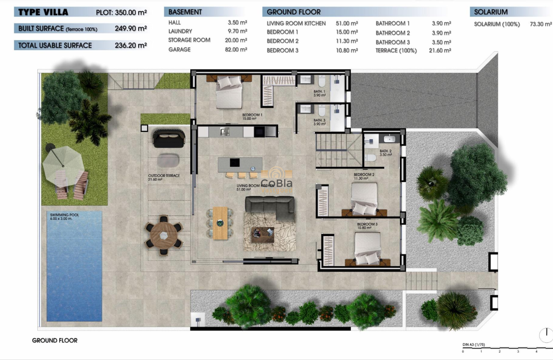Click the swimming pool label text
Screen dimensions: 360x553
click(x=63, y=216)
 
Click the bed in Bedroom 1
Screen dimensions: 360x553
click(x=228, y=92)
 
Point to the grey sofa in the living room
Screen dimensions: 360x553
click(x=270, y=208)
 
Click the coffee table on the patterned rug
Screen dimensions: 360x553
click(x=262, y=235)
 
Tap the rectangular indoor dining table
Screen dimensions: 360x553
click(x=220, y=222)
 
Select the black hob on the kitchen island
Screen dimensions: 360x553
click(x=234, y=162)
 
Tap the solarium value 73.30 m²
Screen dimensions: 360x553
click(x=541, y=24)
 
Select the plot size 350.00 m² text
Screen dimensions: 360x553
click(x=130, y=12)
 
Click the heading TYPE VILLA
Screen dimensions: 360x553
click(x=43, y=12)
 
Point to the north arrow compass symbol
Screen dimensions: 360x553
click(x=546, y=335)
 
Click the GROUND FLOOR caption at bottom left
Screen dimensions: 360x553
click(x=54, y=340)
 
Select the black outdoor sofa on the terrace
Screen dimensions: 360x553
click(x=168, y=138)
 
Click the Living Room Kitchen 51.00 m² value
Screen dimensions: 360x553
click(x=346, y=23)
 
